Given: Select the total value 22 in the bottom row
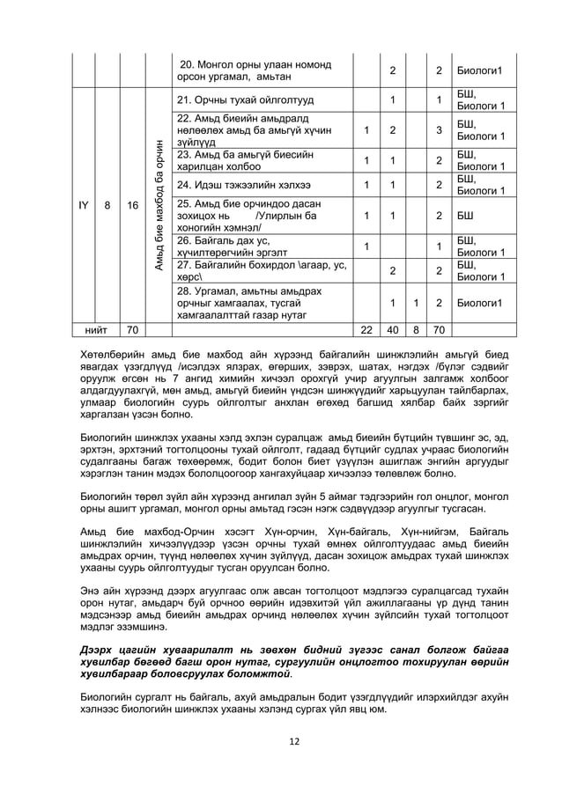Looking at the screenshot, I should pos(366,330).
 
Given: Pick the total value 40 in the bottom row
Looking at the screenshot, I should pos(392,330).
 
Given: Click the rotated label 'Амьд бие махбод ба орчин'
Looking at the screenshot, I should pos(159,204).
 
